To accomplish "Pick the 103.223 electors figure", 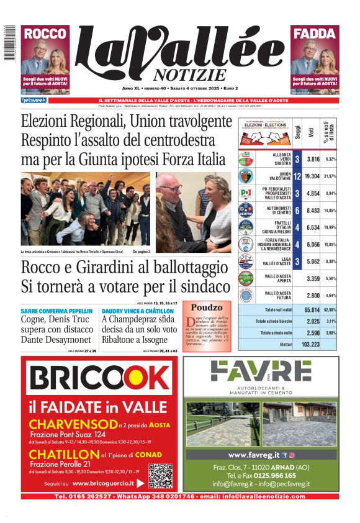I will (311, 343).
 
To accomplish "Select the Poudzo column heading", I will (206, 307).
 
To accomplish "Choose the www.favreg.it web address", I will (254, 455).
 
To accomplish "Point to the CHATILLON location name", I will (60, 455).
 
